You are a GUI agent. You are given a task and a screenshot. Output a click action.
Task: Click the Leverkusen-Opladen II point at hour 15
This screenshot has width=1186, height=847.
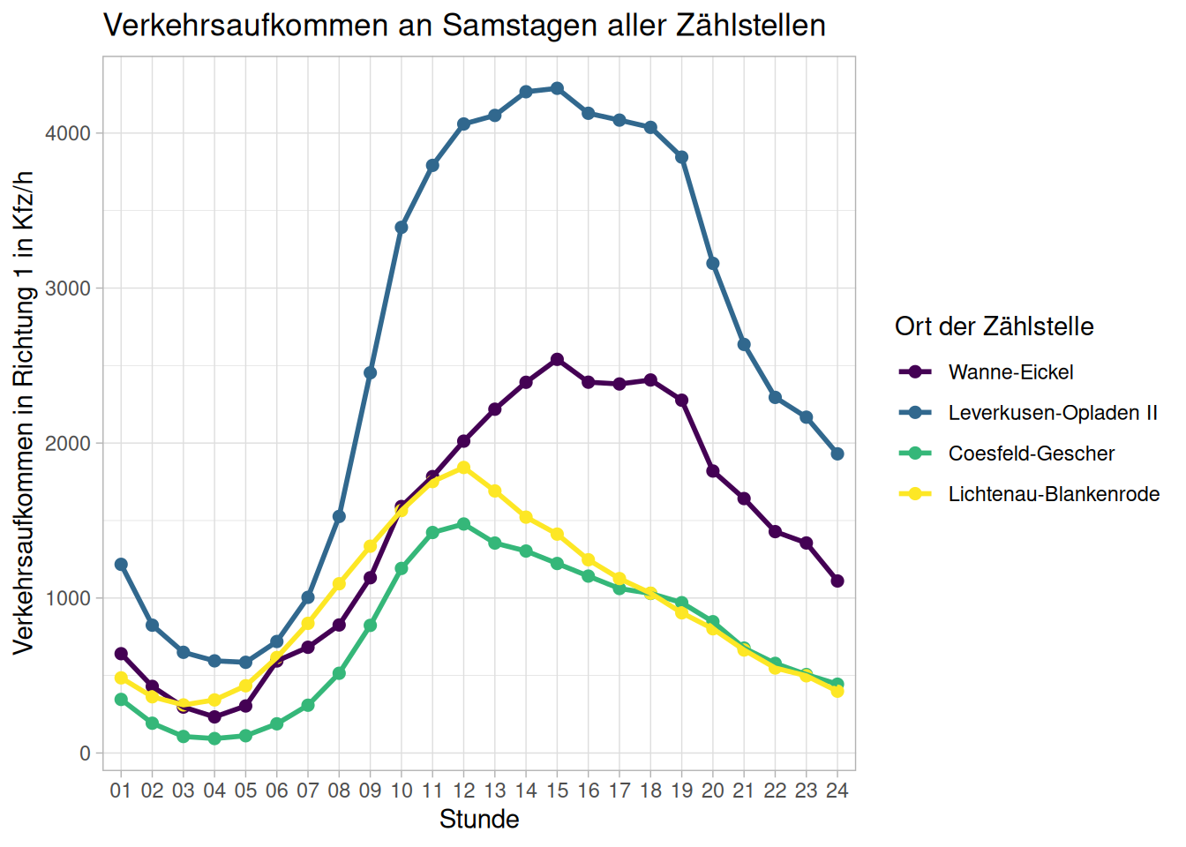(x=557, y=88)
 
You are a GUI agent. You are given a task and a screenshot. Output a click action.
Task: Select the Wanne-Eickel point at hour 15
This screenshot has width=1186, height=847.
(x=557, y=359)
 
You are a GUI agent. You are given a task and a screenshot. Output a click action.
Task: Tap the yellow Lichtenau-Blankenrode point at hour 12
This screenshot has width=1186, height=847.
(x=463, y=468)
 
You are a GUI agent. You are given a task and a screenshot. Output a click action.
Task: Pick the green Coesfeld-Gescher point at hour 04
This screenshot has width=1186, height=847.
(x=214, y=738)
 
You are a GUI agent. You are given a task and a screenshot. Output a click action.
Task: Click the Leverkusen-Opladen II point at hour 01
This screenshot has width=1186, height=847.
(x=121, y=564)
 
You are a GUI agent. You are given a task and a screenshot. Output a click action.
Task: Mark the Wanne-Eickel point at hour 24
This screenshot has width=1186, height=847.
(x=837, y=581)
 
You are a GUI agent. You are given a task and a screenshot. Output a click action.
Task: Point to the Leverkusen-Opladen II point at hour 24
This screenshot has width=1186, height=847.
(x=837, y=453)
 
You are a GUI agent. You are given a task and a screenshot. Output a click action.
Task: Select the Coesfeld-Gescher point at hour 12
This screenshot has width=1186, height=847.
(x=463, y=524)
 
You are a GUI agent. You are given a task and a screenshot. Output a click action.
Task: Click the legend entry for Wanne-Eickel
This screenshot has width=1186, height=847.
(x=1010, y=372)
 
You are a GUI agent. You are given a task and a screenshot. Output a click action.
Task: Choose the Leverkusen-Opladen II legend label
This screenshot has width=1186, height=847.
(x=1053, y=413)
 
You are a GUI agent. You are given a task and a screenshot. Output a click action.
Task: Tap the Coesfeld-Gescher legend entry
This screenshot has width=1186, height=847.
(x=1031, y=453)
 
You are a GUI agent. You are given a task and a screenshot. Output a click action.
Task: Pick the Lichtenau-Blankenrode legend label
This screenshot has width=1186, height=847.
(x=1054, y=494)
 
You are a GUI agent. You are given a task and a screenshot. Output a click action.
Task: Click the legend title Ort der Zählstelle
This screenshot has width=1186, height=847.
(x=994, y=326)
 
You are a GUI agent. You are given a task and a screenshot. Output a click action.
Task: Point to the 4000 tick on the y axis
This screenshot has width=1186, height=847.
(x=68, y=133)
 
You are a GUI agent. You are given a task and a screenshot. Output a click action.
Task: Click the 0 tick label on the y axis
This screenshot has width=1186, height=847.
(x=85, y=753)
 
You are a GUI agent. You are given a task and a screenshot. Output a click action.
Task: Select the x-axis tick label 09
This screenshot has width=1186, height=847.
(x=370, y=791)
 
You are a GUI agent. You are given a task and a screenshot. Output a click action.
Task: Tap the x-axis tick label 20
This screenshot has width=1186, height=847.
(x=713, y=791)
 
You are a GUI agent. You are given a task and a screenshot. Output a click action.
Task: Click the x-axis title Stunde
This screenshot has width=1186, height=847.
(x=479, y=820)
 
